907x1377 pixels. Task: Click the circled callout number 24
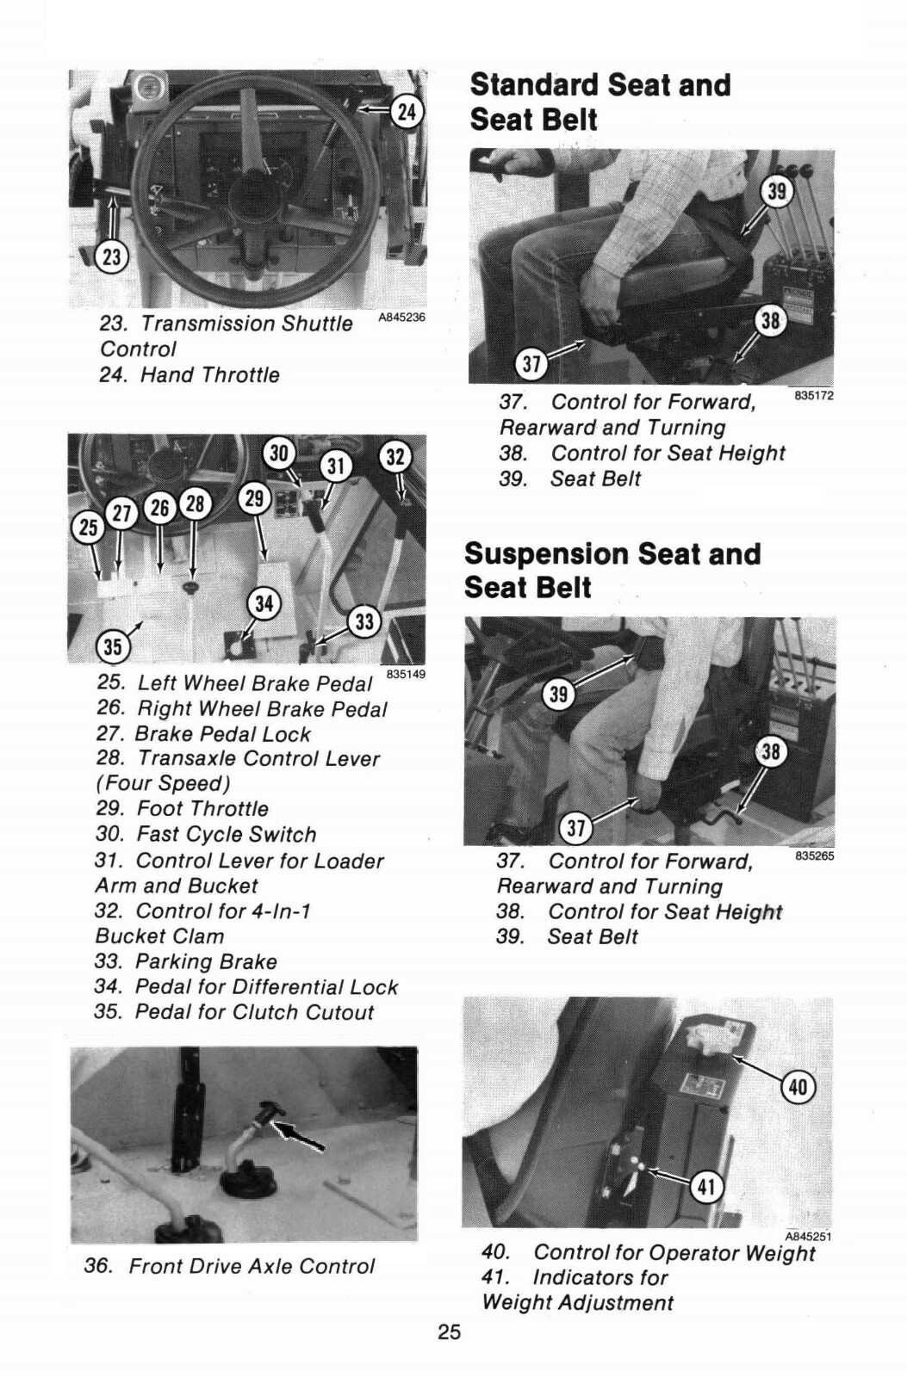[x=407, y=111]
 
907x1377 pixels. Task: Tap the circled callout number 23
[x=112, y=256]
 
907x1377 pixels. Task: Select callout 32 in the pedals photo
[x=395, y=457]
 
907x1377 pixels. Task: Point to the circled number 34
[x=264, y=603]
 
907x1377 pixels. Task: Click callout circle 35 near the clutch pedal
[x=113, y=645]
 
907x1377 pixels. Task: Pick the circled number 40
[x=798, y=1087]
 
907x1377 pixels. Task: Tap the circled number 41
[x=705, y=1188]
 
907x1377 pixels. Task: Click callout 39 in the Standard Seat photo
[x=777, y=191]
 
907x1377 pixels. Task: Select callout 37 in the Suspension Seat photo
[x=575, y=829]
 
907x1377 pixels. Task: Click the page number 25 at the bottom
[x=449, y=1332]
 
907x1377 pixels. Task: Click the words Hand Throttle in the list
[x=209, y=375]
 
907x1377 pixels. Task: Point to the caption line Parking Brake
[x=206, y=961]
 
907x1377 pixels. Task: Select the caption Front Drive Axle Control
[x=252, y=1266]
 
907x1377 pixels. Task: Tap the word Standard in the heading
[x=534, y=85]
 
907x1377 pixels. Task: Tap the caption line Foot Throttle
[x=202, y=809]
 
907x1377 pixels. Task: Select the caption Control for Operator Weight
[x=674, y=1253]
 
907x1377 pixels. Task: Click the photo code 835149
[x=406, y=674]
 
